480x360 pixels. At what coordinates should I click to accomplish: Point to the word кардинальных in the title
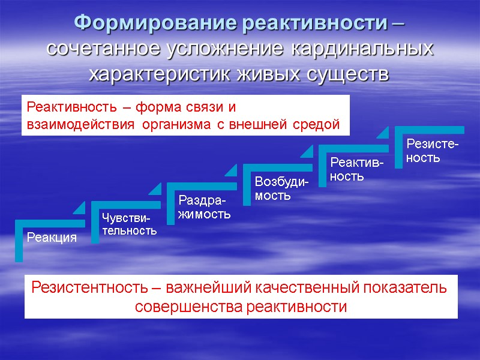[x=362, y=49]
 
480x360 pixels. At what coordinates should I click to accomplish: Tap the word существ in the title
[x=343, y=75]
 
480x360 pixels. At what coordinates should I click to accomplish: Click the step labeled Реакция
[x=52, y=238]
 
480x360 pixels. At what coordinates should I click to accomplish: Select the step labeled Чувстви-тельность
[x=129, y=223]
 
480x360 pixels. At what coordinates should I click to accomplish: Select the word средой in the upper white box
[x=317, y=124]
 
